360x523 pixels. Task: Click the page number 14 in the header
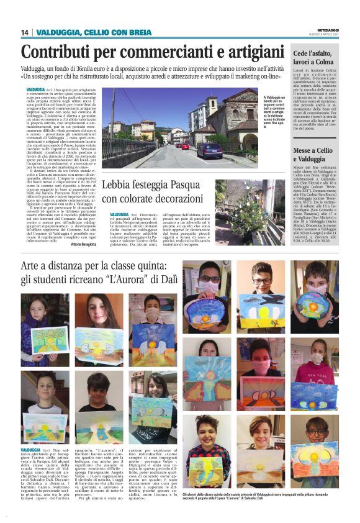(25, 32)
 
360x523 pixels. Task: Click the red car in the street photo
(184, 146)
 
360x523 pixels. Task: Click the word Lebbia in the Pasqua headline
(119, 185)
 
